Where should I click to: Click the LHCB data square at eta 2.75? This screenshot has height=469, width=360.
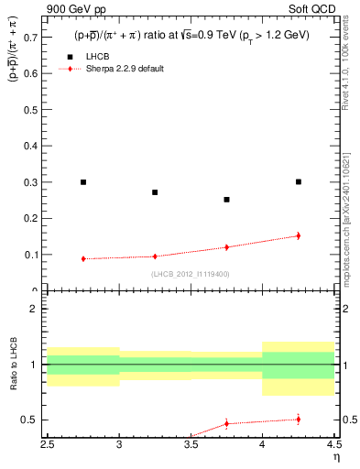[83, 182]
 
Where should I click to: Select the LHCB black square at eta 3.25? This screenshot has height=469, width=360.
[155, 192]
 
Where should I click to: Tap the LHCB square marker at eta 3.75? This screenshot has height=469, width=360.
[226, 199]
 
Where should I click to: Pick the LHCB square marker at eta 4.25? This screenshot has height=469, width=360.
[299, 181]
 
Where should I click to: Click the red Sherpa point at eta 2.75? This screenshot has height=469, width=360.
[83, 258]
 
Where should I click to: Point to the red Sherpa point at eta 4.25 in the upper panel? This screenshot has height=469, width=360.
[299, 235]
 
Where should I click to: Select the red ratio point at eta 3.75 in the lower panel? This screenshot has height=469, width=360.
[226, 423]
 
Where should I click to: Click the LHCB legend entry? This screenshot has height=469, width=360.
[96, 57]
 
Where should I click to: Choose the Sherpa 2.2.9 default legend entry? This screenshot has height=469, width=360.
[124, 69]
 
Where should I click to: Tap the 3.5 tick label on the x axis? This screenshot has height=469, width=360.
[191, 449]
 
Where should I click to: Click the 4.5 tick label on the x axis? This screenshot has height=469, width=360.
[333, 449]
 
